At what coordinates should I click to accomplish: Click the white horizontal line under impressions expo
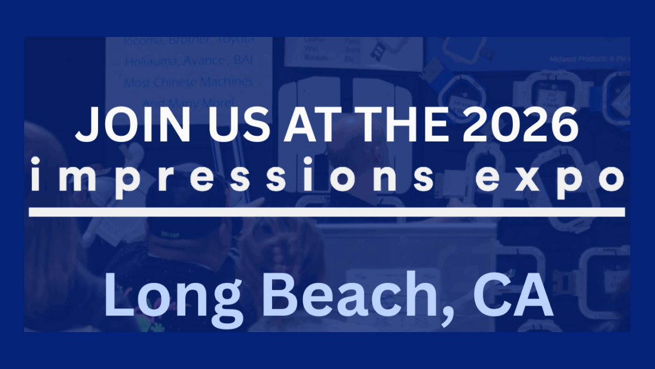tap(326, 212)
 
